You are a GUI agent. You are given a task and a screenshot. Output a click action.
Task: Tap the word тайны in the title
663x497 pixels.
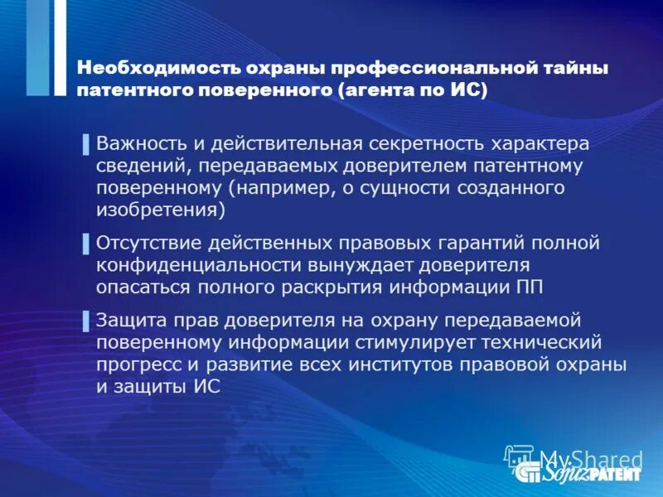pos(579,68)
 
